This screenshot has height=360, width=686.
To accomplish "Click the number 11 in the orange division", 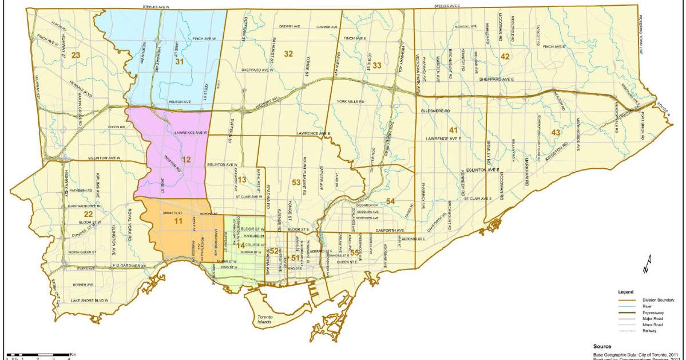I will tap(179, 220).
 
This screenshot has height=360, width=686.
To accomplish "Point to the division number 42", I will tap(505, 56).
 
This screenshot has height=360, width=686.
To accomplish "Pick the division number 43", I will tap(555, 132).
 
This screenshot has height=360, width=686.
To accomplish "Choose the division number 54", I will tap(390, 201).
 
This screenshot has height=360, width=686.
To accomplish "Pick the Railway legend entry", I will tap(651, 331).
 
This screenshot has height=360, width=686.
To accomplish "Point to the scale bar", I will tap(37, 355).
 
